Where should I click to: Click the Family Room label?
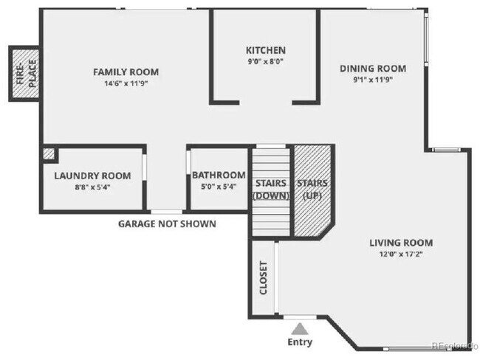126,72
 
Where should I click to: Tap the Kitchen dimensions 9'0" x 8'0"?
265,61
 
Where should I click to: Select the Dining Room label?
373,69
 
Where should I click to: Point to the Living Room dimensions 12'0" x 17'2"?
402,255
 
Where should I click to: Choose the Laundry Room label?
92,176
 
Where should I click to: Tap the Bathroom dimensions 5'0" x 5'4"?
219,187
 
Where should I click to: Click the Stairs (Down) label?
270,189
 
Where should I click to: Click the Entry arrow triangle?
299,328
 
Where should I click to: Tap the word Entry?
299,342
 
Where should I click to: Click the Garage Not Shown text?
167,224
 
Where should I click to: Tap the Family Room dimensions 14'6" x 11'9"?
126,83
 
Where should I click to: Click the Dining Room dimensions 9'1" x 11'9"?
373,80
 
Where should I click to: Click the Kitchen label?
265,50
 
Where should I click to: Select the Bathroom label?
219,175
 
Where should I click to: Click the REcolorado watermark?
455,345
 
